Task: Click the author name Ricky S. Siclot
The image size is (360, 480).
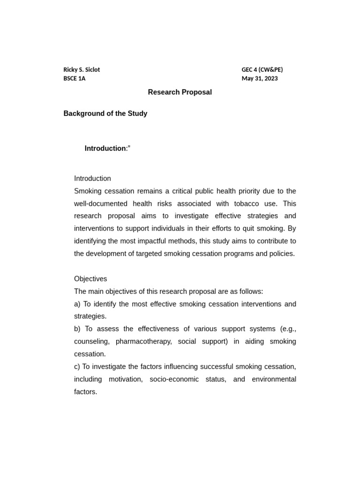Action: tap(82, 69)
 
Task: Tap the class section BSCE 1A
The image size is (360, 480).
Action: tap(75, 78)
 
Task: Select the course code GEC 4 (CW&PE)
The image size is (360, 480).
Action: tap(262, 69)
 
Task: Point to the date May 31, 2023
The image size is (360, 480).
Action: tap(260, 78)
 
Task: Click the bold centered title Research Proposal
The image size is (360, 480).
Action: tap(180, 92)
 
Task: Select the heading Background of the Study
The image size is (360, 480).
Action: tap(105, 113)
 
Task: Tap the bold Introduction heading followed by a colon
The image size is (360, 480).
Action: tap(105, 148)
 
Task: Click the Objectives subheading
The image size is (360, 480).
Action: tap(90, 278)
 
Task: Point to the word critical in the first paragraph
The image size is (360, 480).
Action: tap(186, 191)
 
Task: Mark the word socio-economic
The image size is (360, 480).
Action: tap(174, 379)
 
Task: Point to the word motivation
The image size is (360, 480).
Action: tap(126, 379)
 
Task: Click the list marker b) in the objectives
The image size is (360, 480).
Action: tap(78, 329)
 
